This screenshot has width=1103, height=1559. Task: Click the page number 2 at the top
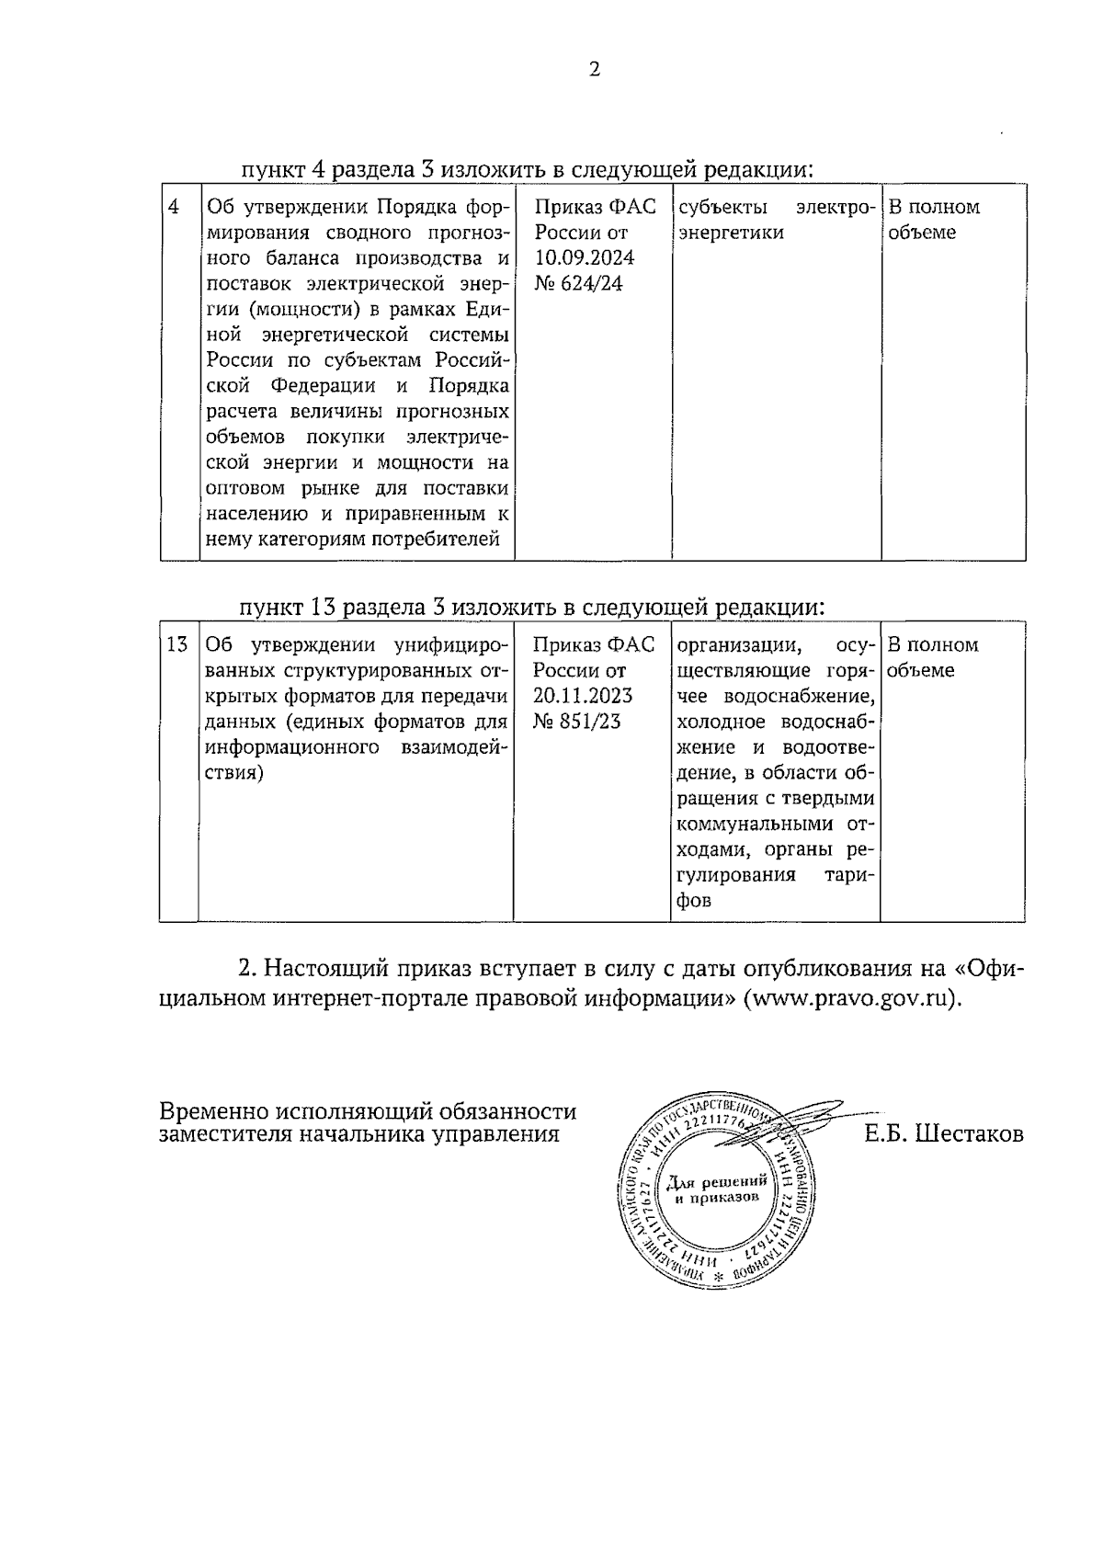pos(594,70)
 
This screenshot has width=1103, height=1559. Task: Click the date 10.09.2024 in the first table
pos(585,257)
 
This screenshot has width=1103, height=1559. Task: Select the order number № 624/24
pos(578,283)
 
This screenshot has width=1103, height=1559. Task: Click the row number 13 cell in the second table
pos(177,644)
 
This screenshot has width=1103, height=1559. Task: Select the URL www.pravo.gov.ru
pos(852,999)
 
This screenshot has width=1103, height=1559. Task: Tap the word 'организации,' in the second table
pos(740,644)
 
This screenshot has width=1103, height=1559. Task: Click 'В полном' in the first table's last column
pos(933,207)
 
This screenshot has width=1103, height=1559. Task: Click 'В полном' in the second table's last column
pos(933,644)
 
